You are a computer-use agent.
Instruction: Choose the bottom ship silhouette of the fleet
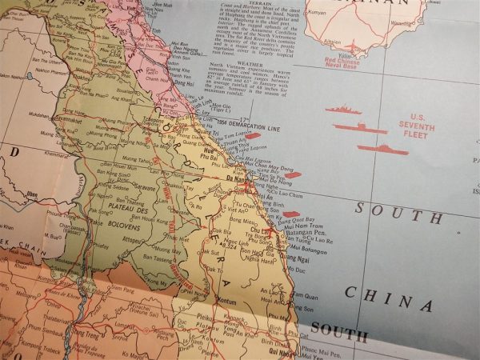click(x=382, y=148)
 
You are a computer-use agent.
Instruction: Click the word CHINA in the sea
click(x=389, y=298)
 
